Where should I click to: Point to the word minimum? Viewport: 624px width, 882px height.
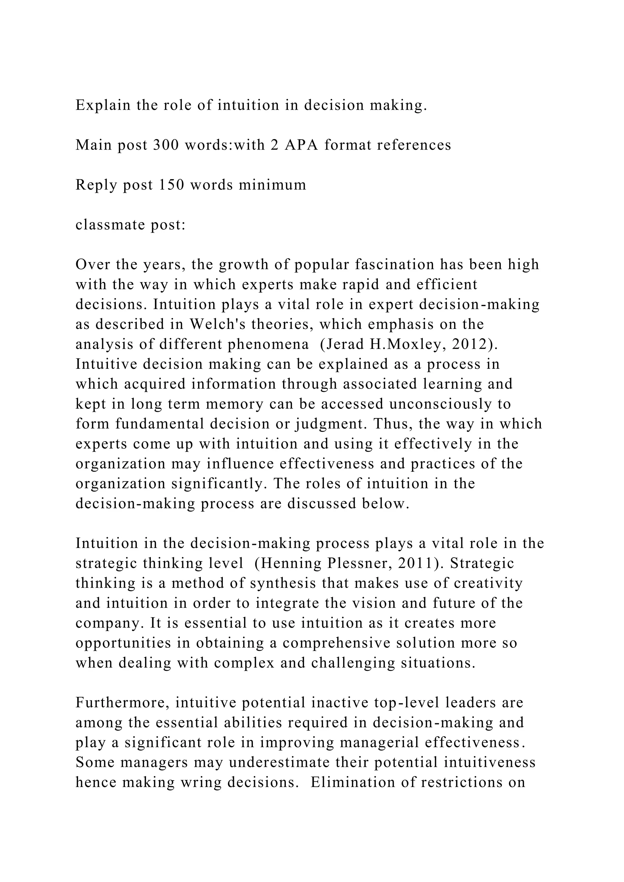click(x=272, y=185)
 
